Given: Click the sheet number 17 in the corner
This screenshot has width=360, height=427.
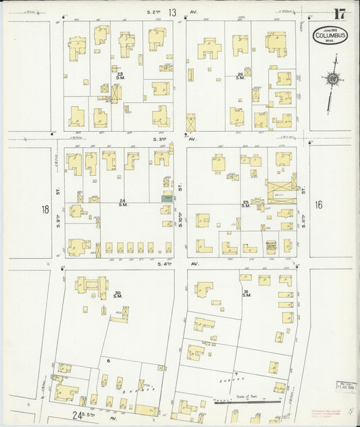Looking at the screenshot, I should tap(340, 14).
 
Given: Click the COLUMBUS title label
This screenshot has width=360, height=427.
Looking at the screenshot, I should tap(330, 34).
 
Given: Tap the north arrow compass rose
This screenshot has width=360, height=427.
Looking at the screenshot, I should tap(332, 80).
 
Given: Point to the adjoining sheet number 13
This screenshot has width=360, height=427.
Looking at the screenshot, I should tap(173, 12).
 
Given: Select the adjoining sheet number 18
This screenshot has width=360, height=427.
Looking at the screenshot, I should tap(45, 210).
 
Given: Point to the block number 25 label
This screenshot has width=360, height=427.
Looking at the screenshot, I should tap(247, 203).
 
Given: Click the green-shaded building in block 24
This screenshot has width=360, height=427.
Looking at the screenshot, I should tap(166, 198).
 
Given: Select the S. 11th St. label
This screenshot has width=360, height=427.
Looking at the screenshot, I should tap(304, 215).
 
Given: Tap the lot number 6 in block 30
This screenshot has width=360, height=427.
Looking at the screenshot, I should tap(108, 361).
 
